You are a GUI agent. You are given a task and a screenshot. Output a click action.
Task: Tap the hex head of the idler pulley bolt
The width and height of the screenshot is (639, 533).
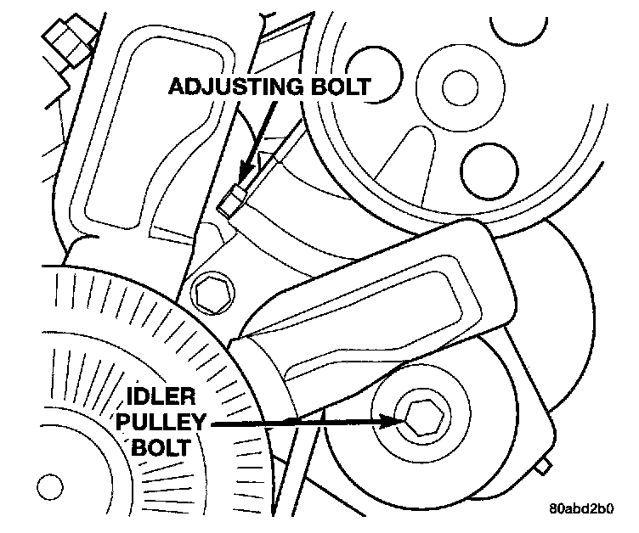click(x=420, y=418)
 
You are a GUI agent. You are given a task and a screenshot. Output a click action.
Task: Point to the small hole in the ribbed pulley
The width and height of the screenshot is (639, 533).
click(x=50, y=487)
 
